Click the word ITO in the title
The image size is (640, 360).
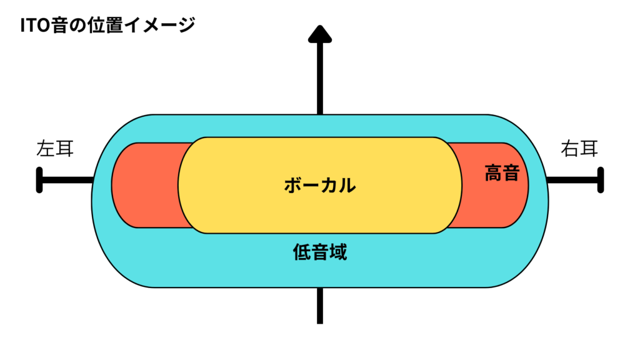tap(35, 26)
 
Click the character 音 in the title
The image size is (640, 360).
tap(61, 26)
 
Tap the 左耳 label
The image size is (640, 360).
tap(54, 149)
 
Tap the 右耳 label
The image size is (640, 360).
tap(579, 149)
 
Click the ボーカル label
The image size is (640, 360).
tap(319, 185)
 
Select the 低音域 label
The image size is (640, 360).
tap(319, 252)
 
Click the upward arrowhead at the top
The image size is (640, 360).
tap(319, 35)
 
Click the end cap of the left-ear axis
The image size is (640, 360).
tap(39, 180)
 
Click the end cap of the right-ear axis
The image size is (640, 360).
tap(601, 180)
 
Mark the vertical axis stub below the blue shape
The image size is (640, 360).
tap(319, 306)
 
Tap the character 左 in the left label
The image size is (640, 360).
tap(46, 149)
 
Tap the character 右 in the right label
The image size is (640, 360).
tap(569, 149)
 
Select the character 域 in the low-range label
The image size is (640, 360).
tap(337, 252)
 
